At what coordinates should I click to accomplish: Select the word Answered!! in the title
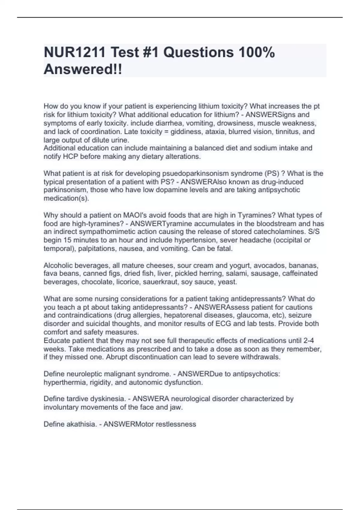[x=83, y=70]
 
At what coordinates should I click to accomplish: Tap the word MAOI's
[x=133, y=215]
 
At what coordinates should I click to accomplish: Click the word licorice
[x=129, y=282]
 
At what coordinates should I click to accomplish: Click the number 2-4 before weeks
[x=308, y=340]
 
